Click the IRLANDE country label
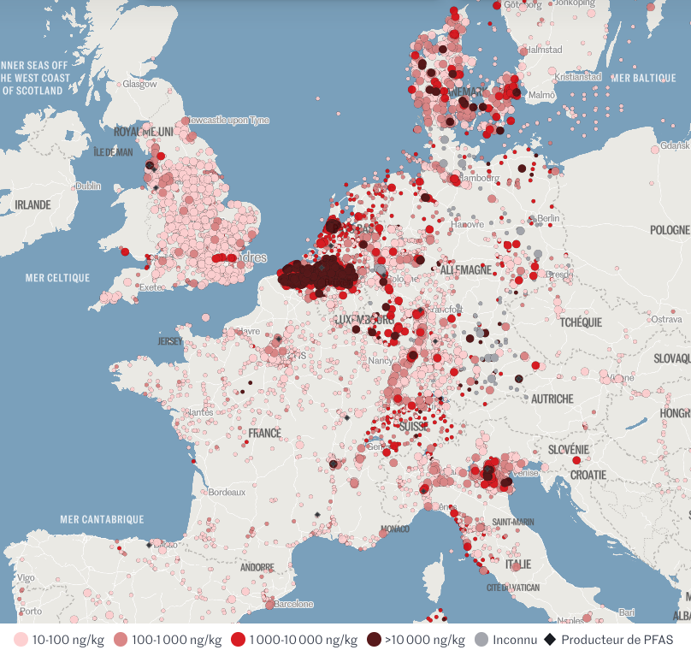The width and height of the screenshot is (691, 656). point(32,205)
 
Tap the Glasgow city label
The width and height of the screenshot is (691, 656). point(139,85)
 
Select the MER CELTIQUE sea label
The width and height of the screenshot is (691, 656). point(57,278)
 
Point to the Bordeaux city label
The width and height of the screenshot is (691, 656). point(227,493)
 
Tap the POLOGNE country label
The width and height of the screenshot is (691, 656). point(669,230)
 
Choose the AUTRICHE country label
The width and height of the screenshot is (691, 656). point(552,399)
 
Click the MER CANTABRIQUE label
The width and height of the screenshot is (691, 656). point(102,519)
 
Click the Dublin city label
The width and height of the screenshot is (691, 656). point(88,186)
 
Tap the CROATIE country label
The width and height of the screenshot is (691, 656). point(588,475)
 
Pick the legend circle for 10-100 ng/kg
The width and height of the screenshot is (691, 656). point(21,640)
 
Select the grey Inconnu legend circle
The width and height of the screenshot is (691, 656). point(481,640)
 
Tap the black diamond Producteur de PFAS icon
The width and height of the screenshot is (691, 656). point(551,640)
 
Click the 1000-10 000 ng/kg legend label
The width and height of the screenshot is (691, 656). point(304,640)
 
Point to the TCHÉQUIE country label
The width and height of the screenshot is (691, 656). point(580,322)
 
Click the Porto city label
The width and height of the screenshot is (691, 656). point(30,612)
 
